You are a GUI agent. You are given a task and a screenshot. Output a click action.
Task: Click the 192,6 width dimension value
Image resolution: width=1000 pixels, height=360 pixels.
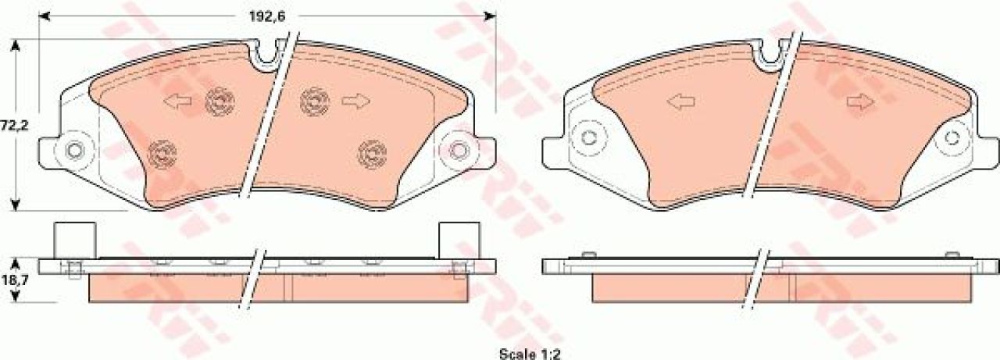[x=267, y=17]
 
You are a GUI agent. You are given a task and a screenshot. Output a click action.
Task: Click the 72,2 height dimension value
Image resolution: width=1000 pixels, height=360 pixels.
[x=14, y=126]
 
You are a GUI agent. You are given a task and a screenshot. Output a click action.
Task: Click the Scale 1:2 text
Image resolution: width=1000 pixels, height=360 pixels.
[x=530, y=354]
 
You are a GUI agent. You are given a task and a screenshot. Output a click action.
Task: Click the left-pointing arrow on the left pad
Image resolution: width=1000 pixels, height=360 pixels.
[x=177, y=102]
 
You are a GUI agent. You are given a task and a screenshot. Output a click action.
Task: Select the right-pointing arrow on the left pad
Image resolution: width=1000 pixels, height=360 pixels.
[x=355, y=102]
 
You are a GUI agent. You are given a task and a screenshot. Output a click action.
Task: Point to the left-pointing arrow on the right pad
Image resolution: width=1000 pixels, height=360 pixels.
[x=680, y=102]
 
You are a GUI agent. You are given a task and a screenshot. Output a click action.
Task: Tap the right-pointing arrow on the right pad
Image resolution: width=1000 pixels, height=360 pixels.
[x=860, y=102]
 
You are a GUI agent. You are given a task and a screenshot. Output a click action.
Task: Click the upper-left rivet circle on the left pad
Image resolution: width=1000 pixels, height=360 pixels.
[x=220, y=102]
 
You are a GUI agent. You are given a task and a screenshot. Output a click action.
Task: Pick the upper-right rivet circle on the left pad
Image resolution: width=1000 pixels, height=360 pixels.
[x=315, y=102]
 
